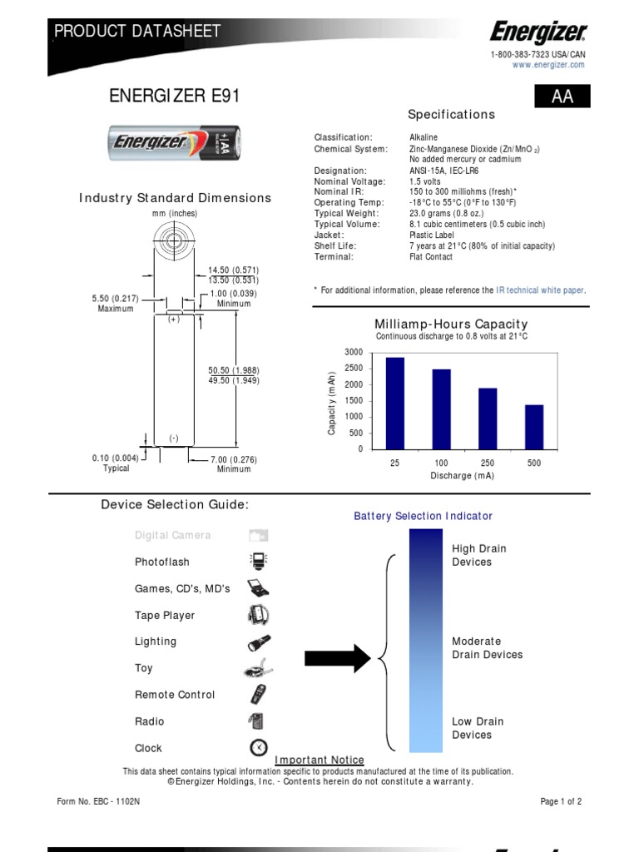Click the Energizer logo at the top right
pos(538,34)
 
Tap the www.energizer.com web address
pos(548,65)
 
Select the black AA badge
pos(562,97)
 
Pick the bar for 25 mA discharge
pos(395,403)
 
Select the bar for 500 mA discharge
pos(534,427)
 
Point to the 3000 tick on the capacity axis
pos(354,353)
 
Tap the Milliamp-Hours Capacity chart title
pos(451,324)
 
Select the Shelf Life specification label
pos(333,246)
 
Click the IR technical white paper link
pos(540,290)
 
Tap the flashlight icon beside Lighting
pos(258,642)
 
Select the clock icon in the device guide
pos(258,746)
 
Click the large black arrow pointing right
pos(337,657)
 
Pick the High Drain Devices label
pos(478,555)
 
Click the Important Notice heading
pos(319,760)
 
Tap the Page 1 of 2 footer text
pos(561,802)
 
